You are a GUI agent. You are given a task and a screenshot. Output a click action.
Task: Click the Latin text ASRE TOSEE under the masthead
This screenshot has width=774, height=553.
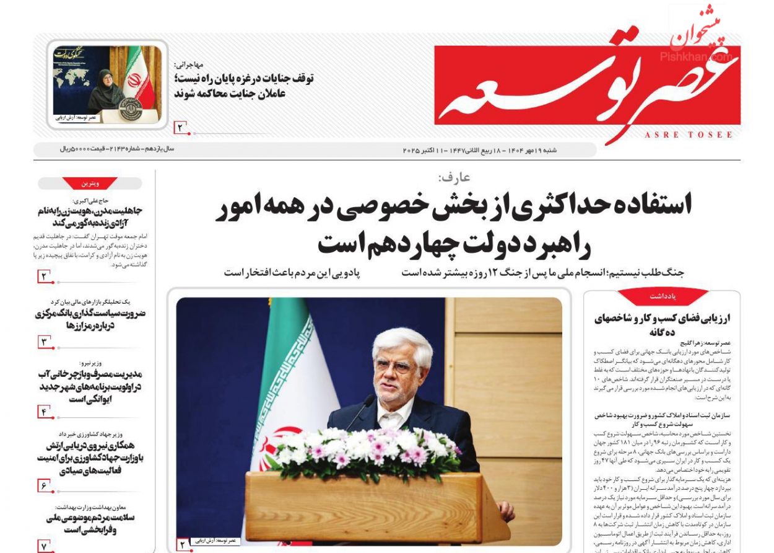(689, 135)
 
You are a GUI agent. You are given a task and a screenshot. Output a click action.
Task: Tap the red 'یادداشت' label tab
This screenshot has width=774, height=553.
(663, 297)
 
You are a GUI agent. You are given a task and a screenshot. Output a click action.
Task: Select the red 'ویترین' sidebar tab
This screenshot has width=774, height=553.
(90, 184)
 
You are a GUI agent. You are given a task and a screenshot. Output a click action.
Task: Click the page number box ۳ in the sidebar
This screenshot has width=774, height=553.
(45, 341)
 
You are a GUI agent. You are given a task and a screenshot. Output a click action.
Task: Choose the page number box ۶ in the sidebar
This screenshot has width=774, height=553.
(45, 485)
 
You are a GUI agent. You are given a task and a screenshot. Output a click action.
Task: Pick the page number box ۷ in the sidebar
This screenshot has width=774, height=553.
(45, 546)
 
